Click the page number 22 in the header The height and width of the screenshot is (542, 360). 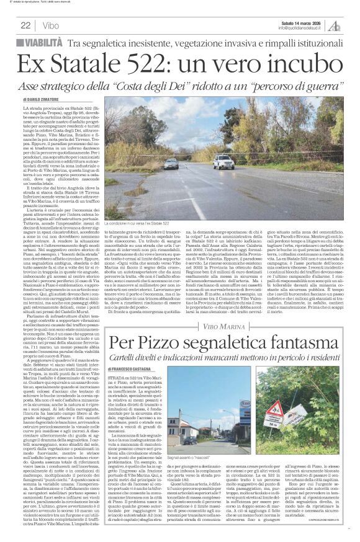pos(25,25)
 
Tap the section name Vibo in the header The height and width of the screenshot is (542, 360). pos(52,25)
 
